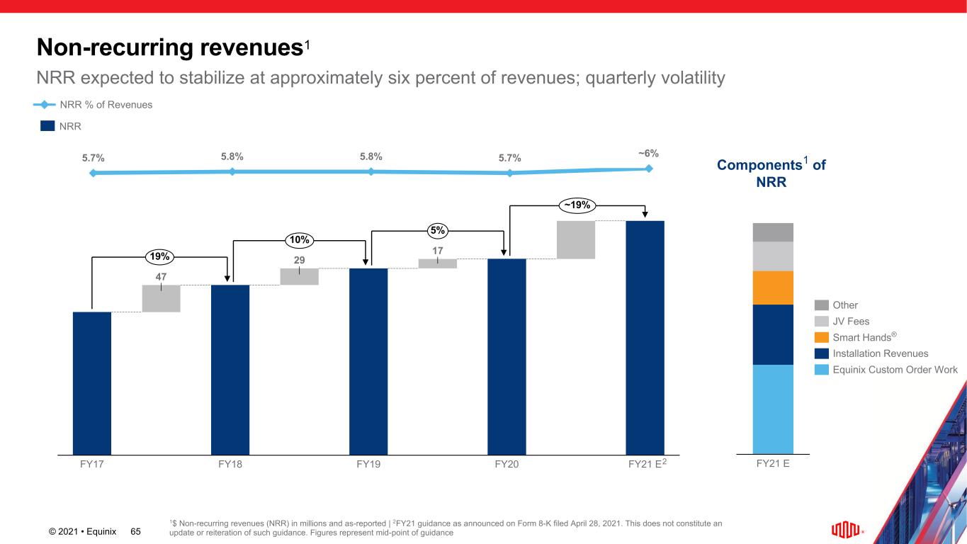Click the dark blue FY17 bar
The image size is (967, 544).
92,382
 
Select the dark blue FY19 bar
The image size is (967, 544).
368,361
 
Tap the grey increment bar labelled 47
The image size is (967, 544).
162,298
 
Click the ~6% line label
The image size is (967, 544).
648,153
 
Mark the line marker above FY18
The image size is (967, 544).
232,171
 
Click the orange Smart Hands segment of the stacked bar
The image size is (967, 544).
773,288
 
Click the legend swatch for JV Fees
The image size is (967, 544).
821,322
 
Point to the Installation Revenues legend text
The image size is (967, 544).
881,353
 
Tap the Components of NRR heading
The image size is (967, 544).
772,173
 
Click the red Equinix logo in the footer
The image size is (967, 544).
846,529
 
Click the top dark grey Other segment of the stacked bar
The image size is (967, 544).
773,232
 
